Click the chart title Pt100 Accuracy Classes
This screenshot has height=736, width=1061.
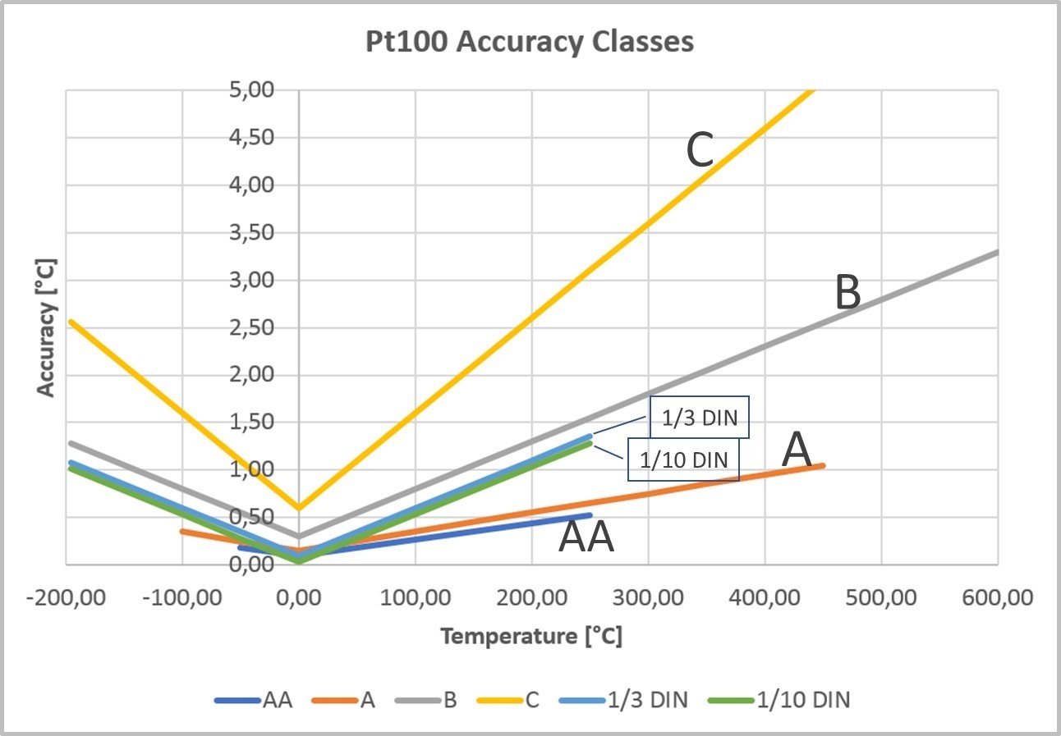[530, 41]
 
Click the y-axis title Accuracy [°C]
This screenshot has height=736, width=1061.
[48, 329]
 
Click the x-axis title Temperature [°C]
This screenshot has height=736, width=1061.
[530, 636]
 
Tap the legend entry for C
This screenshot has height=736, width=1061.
[522, 700]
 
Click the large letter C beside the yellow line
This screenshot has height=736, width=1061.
[699, 151]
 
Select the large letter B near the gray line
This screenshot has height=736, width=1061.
[847, 294]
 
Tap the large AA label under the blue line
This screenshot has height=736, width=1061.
[586, 539]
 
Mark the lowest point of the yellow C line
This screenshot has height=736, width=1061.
[299, 508]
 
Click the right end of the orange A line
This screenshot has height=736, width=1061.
[823, 465]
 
